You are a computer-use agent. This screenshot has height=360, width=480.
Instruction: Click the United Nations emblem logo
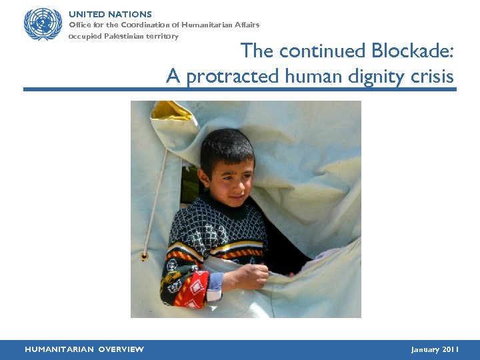(43, 25)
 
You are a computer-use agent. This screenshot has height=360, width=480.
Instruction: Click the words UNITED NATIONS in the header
(110, 14)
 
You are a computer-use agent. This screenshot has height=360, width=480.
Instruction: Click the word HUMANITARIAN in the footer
(58, 349)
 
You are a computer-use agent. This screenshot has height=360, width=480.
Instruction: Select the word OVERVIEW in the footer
(120, 349)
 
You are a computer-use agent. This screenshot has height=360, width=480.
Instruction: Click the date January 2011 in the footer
(435, 349)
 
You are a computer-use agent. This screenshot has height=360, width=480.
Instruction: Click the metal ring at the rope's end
(144, 256)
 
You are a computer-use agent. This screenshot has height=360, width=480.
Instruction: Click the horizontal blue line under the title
(240, 89)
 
